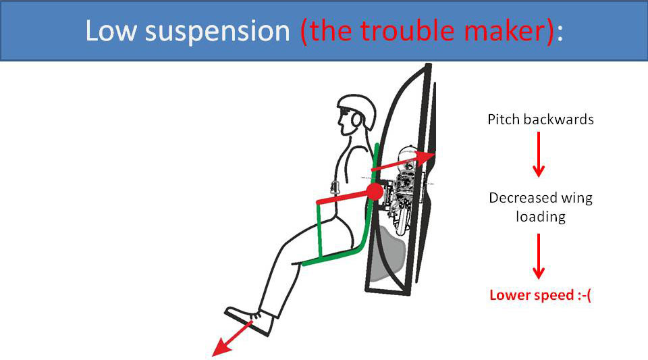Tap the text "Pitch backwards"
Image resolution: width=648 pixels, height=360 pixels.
pyautogui.click(x=540, y=120)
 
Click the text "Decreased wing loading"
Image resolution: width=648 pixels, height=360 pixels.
pyautogui.click(x=540, y=207)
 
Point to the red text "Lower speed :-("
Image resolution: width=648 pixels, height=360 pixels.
pyautogui.click(x=540, y=295)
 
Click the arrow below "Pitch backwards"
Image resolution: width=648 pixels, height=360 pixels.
pyautogui.click(x=538, y=155)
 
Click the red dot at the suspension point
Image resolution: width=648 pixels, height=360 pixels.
pyautogui.click(x=375, y=192)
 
